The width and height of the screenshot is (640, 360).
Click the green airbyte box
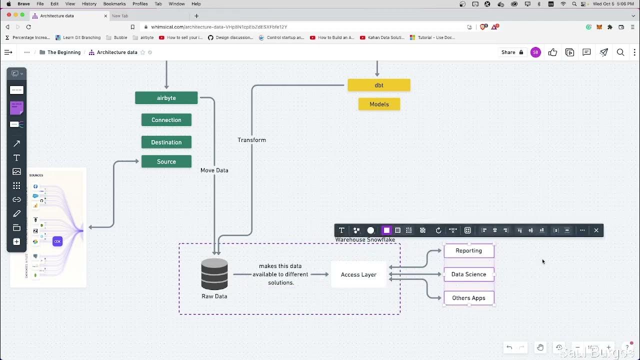click(166, 98)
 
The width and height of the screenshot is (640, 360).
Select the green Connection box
click(166, 120)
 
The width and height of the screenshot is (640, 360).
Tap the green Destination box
click(166, 142)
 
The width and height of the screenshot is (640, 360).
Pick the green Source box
click(166, 161)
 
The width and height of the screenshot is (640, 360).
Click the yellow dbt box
click(378, 85)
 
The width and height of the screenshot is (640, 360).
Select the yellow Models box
click(379, 104)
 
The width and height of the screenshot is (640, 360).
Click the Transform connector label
click(251, 140)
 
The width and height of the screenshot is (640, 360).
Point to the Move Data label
click(214, 170)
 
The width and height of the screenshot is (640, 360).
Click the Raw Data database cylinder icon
click(214, 274)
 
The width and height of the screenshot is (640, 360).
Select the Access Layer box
click(358, 274)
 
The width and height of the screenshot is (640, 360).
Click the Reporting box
click(468, 250)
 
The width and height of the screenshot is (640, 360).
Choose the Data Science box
click(468, 274)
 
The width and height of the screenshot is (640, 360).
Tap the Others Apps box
click(468, 298)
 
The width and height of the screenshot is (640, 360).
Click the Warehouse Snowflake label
click(365, 240)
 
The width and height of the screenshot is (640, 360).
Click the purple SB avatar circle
click(535, 52)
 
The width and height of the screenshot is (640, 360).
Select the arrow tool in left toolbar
click(16, 144)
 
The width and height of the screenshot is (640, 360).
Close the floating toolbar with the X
click(596, 230)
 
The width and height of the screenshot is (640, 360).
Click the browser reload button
click(28, 27)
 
